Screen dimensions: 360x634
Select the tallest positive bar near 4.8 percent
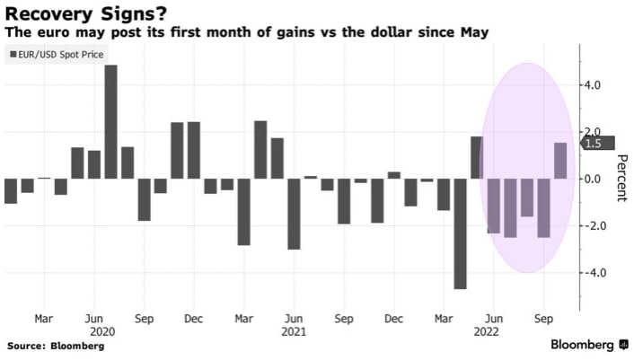point(111,122)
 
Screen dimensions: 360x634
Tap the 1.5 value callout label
point(593,144)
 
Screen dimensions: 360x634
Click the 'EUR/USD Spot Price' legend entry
point(57,55)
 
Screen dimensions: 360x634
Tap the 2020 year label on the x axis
point(92,330)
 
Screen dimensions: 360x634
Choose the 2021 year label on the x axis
point(293,330)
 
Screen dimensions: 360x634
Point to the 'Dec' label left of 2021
point(192,318)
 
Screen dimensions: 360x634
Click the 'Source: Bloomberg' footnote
point(57,346)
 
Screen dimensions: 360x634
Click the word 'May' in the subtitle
point(477,33)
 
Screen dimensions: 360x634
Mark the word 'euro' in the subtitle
point(50,33)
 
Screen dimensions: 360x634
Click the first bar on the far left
point(11,191)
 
